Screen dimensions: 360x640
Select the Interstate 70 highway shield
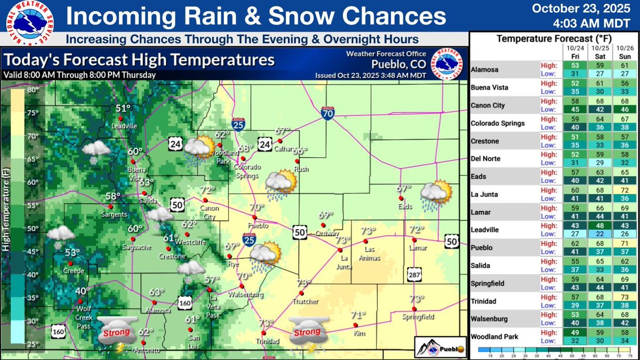coord(327,113)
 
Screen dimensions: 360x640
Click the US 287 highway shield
coord(413,273)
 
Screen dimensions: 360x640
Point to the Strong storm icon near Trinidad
coord(308,335)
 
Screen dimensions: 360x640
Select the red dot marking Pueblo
coord(255,218)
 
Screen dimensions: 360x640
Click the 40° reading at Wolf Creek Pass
coord(82,291)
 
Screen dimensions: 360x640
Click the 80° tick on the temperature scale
coord(34,90)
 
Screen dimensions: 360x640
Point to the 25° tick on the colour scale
coord(34,343)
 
